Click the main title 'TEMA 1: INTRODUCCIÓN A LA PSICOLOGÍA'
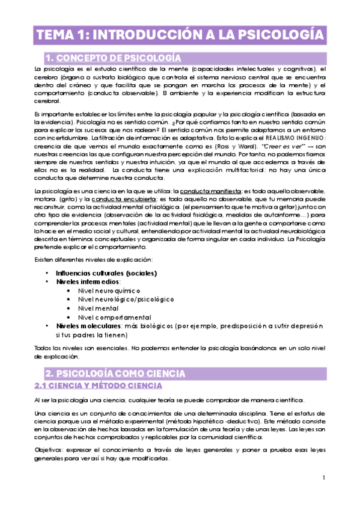(x=180, y=34)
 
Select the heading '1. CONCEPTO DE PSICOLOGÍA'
(x=114, y=58)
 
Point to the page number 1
(x=323, y=478)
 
